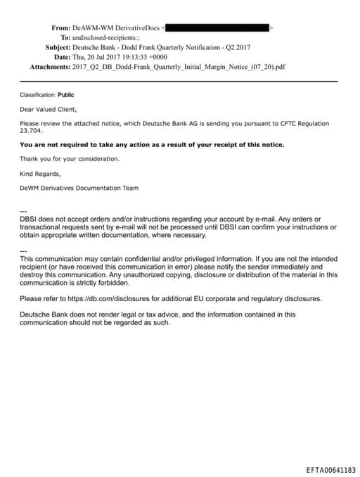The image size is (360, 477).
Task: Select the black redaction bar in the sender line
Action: click(217, 27)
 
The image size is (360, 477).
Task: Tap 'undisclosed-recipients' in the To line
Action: click(108, 37)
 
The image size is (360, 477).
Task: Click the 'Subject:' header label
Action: click(58, 47)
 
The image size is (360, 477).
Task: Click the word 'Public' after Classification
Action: click(65, 95)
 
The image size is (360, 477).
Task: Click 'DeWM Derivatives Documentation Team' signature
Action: click(79, 188)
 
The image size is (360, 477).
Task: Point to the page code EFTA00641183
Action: click(330, 470)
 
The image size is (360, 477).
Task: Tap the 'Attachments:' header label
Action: click(50, 67)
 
